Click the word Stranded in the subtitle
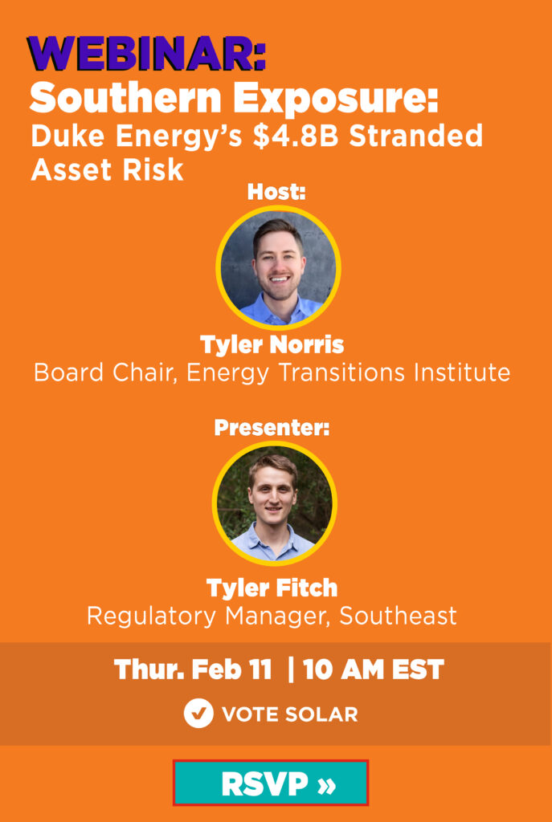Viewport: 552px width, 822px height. (416, 136)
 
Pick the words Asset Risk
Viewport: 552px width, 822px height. (107, 169)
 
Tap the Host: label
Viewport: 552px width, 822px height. (276, 193)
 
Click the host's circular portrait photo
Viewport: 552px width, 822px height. (278, 267)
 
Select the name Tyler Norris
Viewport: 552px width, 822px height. (272, 345)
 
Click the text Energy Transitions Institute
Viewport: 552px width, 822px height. (348, 372)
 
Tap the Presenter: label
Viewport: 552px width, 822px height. (272, 428)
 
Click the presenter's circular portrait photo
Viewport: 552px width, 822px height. (275, 503)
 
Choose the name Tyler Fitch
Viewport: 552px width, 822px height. (272, 588)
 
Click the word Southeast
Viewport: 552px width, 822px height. (399, 616)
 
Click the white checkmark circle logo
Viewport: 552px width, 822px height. (198, 714)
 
